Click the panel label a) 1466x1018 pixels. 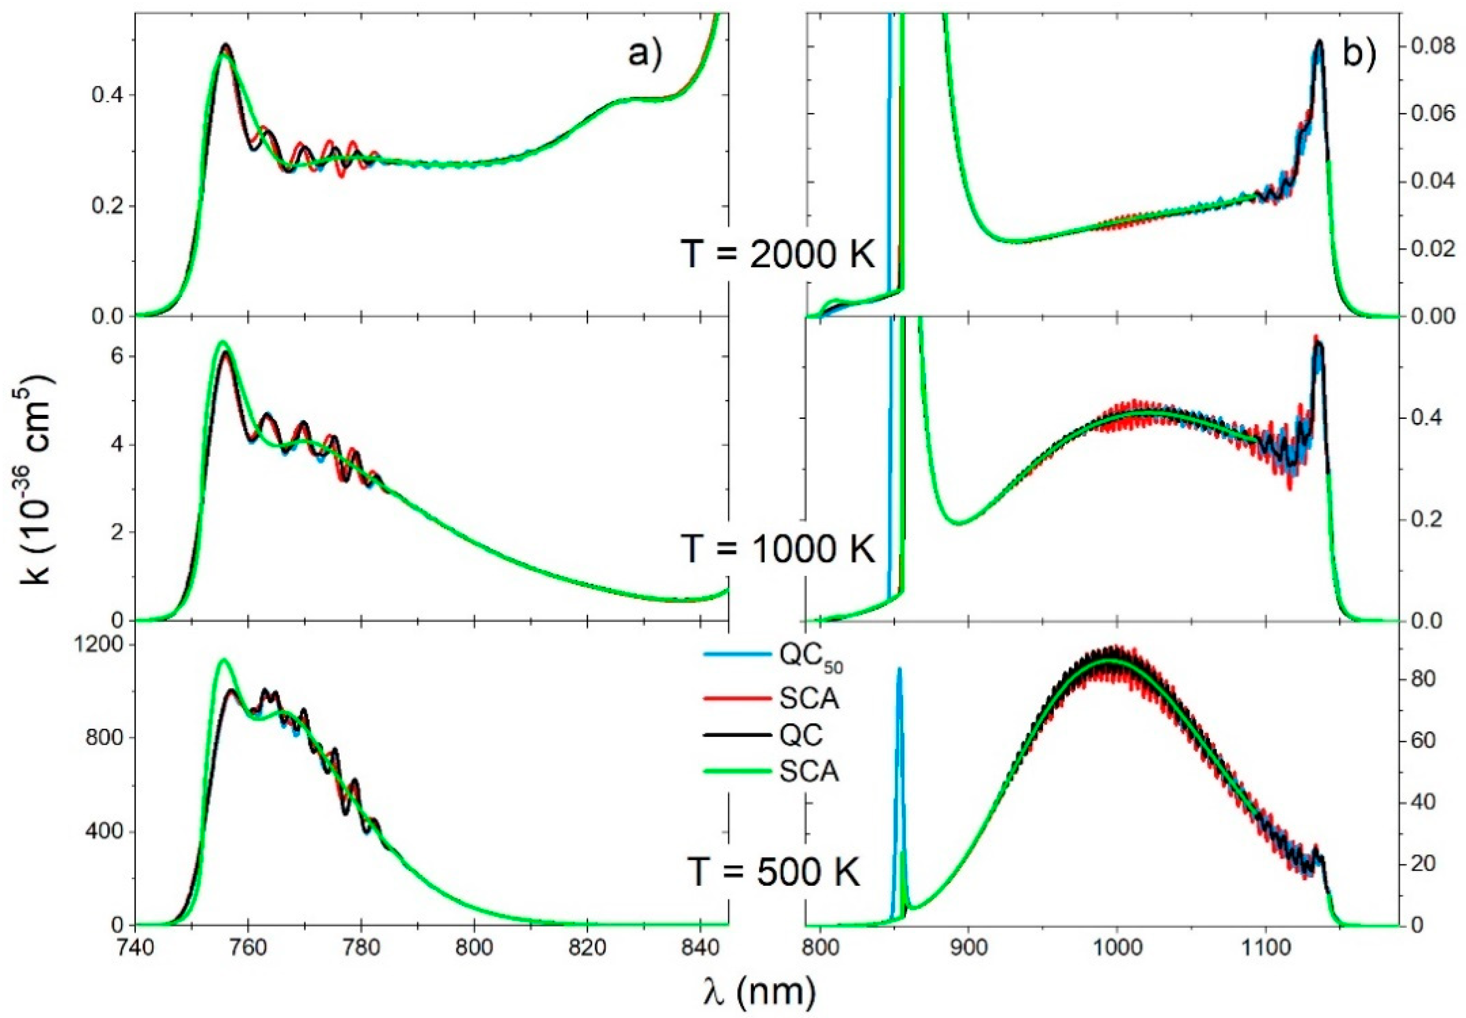tap(645, 54)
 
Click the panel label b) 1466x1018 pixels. tap(1360, 54)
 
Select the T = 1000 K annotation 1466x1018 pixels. tap(777, 548)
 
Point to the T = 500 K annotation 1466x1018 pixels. tap(774, 871)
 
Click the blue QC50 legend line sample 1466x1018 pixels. tap(737, 654)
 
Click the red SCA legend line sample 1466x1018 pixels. tap(737, 699)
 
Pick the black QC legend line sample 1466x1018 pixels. tap(737, 735)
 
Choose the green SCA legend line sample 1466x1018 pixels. tap(737, 771)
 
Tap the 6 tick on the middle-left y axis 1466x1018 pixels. tap(117, 355)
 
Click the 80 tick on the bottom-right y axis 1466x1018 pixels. tap(1426, 679)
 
